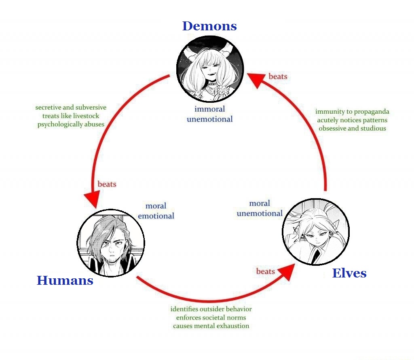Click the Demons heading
[209, 26]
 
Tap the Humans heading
[65, 280]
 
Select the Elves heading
[349, 273]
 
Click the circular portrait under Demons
[210, 69]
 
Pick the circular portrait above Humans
[111, 243]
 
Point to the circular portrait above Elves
[316, 232]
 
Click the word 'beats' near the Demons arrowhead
[278, 76]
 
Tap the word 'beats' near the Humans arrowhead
[107, 184]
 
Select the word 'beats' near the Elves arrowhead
[266, 271]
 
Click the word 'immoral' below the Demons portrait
[210, 109]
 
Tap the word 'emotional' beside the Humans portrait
[156, 216]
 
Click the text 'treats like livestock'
[71, 116]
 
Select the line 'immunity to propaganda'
[352, 112]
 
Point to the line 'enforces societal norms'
[211, 318]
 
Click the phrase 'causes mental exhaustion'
[211, 326]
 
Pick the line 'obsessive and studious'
[352, 128]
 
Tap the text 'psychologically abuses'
[71, 125]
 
